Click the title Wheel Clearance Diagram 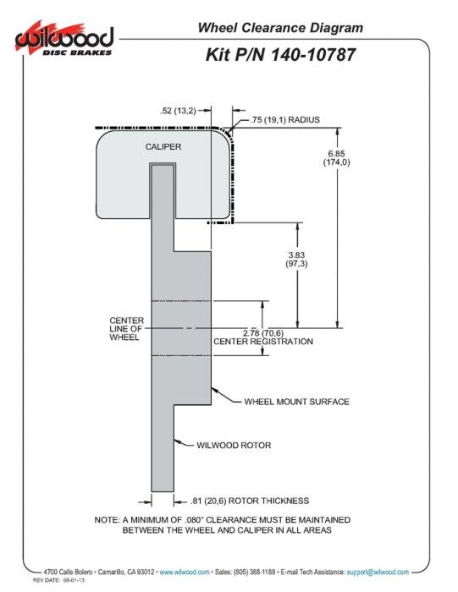pos(280,28)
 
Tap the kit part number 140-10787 pos(313,55)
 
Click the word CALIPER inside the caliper pos(163,146)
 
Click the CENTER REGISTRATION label pos(263,342)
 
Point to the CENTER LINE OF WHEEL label pos(127,329)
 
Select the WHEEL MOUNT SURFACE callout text pos(296,402)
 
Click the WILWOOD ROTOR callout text pos(234,446)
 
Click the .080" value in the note pos(194,520)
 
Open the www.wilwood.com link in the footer pos(185,573)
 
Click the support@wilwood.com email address pos(378,573)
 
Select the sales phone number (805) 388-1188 pos(254,573)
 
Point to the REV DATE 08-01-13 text pos(58,580)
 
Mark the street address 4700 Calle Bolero pos(68,573)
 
